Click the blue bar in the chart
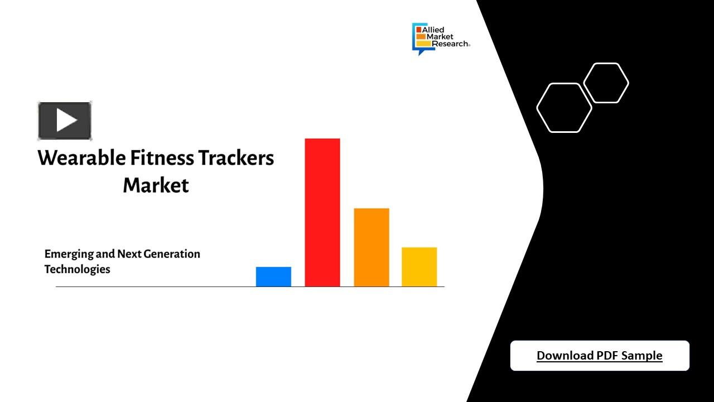point(273,276)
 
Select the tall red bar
point(322,212)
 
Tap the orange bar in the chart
point(372,247)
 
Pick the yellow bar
point(419,266)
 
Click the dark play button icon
point(65,121)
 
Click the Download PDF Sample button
point(600,356)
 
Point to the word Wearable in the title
point(81,158)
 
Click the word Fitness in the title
point(162,158)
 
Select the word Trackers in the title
point(237,158)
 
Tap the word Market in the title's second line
point(156,185)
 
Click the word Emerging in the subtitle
point(69,255)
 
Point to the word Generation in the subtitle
point(172,254)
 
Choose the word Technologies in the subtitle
point(77,269)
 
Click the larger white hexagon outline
point(564,108)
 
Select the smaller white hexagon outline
point(606,83)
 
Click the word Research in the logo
point(450,44)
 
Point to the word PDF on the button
point(607,356)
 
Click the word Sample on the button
point(642,356)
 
